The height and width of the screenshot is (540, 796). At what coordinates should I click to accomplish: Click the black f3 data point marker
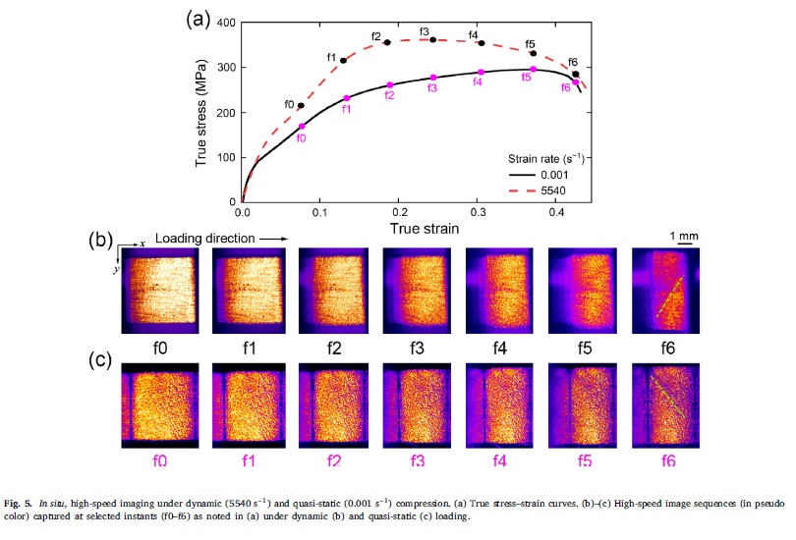[x=433, y=40]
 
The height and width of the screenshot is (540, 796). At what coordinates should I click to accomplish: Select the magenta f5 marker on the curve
[x=533, y=69]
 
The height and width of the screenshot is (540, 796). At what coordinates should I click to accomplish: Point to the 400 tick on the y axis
[x=224, y=23]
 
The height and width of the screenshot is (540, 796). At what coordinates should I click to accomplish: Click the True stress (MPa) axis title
[x=201, y=112]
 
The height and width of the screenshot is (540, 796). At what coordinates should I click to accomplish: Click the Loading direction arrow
[x=277, y=239]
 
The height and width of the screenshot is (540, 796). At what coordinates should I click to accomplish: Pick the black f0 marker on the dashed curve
[x=301, y=105]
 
